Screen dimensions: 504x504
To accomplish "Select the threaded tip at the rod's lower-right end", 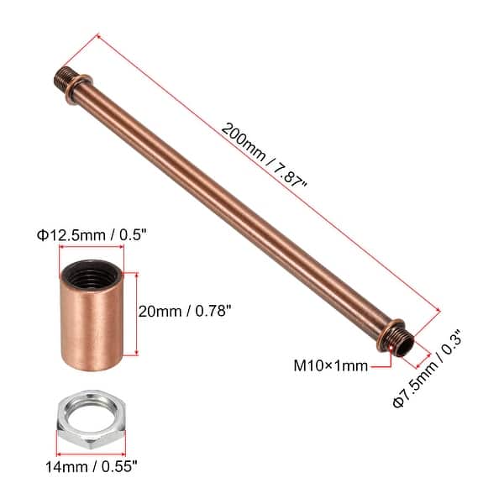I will coord(406,343).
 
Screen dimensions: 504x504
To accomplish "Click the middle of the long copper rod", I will coord(235,206).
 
